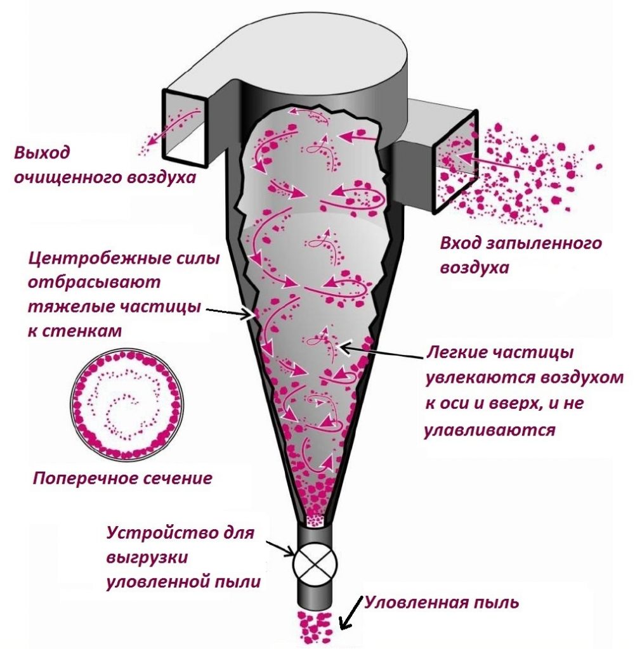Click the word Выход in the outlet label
42,153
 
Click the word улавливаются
489,430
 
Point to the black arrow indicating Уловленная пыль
351,614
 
